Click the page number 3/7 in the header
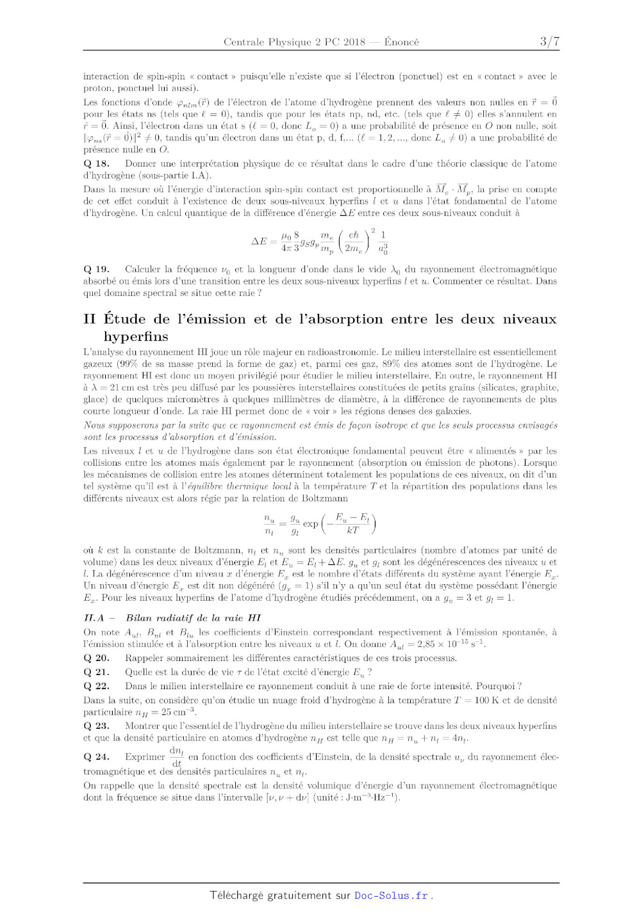[549, 42]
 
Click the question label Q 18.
[96, 163]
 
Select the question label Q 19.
[96, 269]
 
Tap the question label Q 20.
[96, 658]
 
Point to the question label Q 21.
[96, 672]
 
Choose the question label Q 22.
[96, 686]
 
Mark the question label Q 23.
[96, 726]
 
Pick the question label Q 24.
[96, 756]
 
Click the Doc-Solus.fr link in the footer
[391, 895]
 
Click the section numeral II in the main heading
[90, 319]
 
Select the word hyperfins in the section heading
[136, 336]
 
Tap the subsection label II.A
[94, 618]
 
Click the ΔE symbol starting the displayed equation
[260, 241]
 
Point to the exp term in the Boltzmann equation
[310, 524]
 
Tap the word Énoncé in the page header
[401, 42]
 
